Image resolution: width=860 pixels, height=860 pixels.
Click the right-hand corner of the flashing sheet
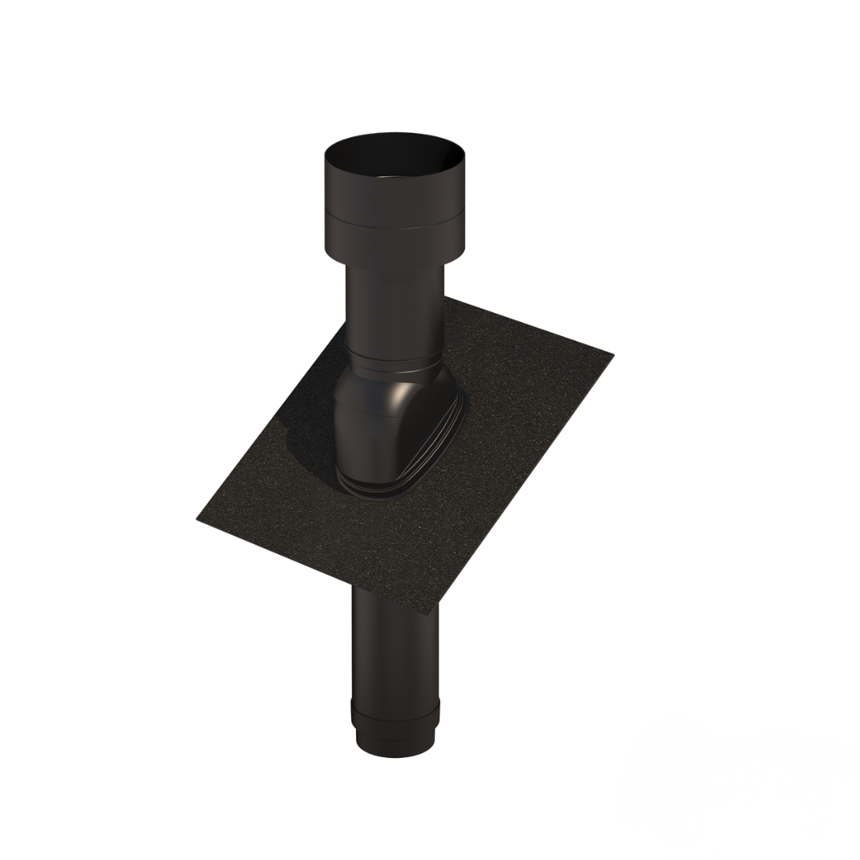pos(612,354)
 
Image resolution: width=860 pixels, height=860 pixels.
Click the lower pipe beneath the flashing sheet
pos(394,645)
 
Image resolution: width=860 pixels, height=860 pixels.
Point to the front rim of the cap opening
pos(394,180)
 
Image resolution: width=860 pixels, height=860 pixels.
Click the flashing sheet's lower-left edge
pos(319,562)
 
